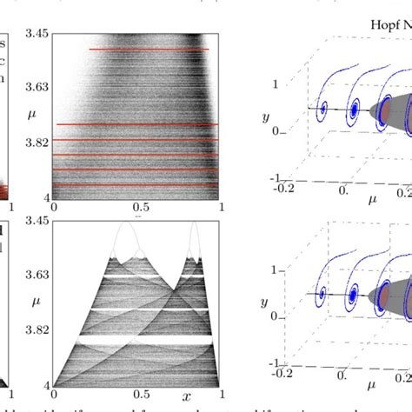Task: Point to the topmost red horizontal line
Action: click(149, 50)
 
